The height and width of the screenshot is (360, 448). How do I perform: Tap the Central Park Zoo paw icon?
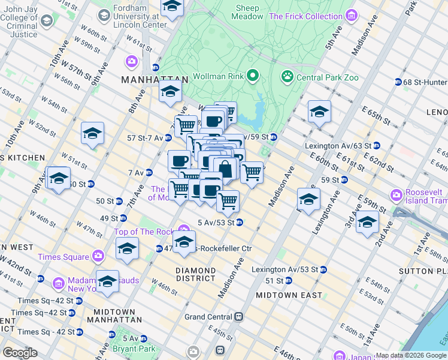point(287,77)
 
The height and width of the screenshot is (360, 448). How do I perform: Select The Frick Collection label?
point(305,16)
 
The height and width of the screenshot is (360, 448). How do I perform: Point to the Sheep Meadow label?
point(247,13)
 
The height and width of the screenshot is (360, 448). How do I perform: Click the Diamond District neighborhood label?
point(195,274)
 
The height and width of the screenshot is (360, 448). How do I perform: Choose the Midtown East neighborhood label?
point(289,295)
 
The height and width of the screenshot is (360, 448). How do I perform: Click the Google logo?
point(20,352)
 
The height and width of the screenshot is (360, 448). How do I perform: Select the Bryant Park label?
point(134,348)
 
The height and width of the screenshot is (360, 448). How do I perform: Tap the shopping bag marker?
point(225,169)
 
